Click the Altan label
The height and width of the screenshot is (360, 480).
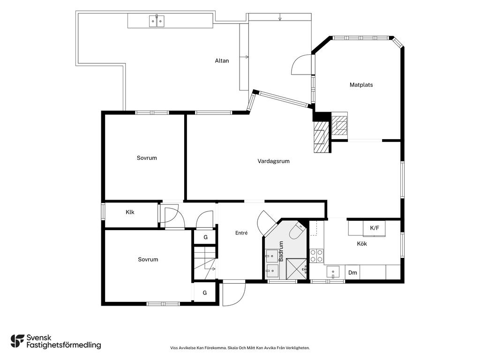coord(222,60)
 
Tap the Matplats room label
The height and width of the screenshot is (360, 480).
coord(361,85)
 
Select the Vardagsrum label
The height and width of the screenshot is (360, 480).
coord(273,161)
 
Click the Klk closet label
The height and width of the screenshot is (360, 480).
coord(130,212)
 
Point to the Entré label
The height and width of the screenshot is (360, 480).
coord(241,233)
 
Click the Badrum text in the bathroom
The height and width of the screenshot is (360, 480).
coord(281,251)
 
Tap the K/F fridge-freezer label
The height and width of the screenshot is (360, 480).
coord(375,228)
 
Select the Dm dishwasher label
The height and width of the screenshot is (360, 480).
coord(352,272)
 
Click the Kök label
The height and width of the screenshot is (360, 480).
coord(362,244)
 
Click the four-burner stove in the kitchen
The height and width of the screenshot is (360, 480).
coord(316,256)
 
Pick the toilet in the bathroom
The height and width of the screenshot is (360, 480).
coord(296,231)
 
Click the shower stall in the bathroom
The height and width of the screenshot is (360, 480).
coord(296,269)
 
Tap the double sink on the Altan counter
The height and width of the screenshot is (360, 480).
coord(157,21)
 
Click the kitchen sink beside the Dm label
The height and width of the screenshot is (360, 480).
coord(333,272)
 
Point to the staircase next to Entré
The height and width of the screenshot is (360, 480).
coord(205,263)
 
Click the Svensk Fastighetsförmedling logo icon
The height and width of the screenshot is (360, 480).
coord(17,341)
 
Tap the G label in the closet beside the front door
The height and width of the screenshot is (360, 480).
coord(204,293)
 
